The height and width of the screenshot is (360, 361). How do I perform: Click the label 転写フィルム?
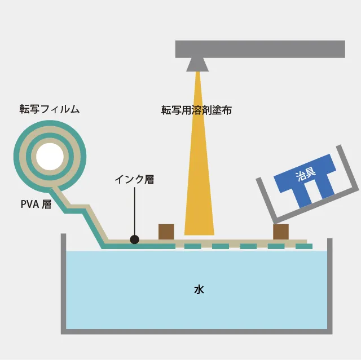(50, 109)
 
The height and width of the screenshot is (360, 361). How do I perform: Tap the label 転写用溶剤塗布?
(196, 110)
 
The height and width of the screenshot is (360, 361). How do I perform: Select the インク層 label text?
(134, 180)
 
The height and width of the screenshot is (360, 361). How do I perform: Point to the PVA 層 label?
(36, 204)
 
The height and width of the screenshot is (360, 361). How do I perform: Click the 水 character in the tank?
(199, 290)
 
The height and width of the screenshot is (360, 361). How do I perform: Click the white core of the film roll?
(50, 157)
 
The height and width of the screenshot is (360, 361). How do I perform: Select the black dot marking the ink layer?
(134, 239)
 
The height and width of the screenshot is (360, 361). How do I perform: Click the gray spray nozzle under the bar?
(197, 65)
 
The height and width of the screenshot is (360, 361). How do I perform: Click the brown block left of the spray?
(166, 232)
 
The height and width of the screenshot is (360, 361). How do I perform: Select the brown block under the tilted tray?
(281, 232)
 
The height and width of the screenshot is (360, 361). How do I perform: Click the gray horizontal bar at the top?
(260, 49)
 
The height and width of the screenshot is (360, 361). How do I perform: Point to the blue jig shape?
(305, 180)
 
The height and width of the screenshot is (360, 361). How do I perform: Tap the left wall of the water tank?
(64, 283)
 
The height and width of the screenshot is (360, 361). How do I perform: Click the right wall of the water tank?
(329, 285)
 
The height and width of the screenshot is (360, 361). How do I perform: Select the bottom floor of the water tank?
(197, 331)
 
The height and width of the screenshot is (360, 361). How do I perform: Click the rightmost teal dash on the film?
(304, 246)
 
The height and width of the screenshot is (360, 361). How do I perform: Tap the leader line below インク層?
(134, 211)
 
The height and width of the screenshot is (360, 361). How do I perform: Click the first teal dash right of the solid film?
(193, 246)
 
